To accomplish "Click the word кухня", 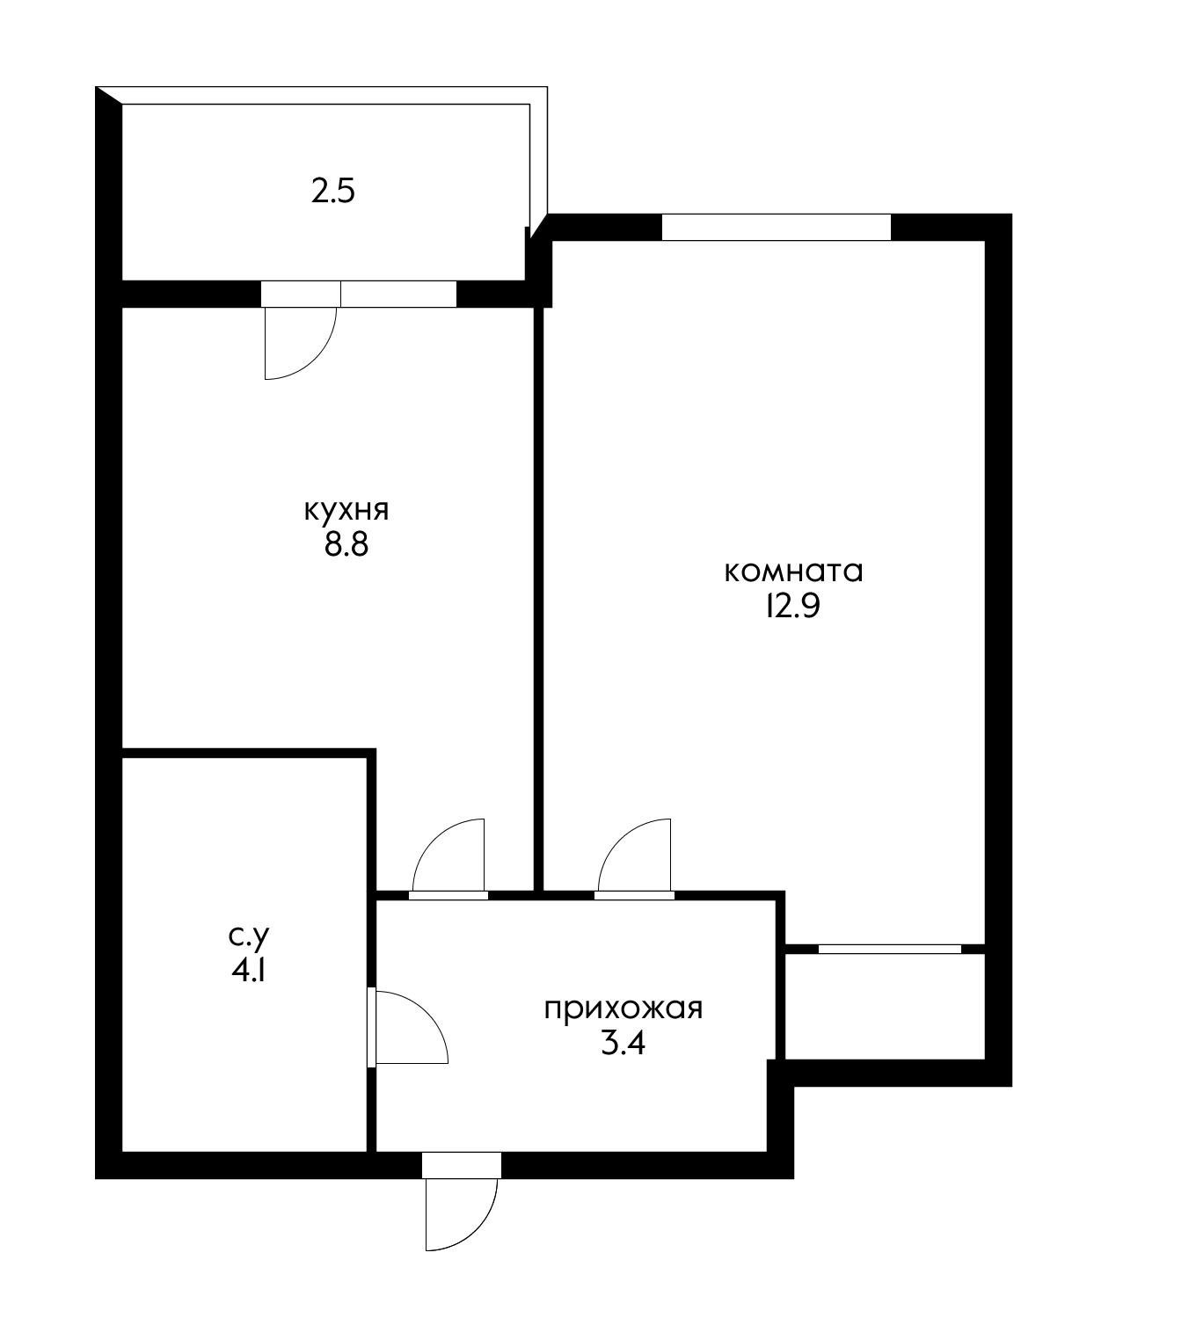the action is [346, 511].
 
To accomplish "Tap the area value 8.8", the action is [346, 546].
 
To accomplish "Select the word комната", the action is [794, 572].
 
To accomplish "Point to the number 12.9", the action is [793, 606].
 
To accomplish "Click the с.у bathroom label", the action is [249, 937].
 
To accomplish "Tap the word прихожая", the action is [624, 1010].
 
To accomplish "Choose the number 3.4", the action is [624, 1045].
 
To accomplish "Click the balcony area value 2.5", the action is [333, 191].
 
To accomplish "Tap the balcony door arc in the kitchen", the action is [319, 360].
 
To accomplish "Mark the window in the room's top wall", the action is [777, 227].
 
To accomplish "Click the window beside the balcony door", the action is [399, 294].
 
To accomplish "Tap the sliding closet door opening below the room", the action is [890, 949].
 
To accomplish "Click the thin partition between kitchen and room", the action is [538, 600].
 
